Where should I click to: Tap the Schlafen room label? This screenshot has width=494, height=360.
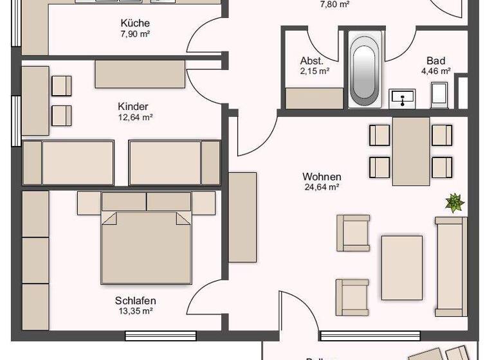coord(135,300)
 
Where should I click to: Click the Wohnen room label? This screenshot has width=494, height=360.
coord(322,177)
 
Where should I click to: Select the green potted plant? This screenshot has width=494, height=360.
coord(455,203)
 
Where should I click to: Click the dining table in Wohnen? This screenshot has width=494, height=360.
coord(411,150)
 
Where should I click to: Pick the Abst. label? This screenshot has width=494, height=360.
coord(312,61)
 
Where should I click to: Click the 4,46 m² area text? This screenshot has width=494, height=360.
coord(435,71)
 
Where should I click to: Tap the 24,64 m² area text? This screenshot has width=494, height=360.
coord(322,188)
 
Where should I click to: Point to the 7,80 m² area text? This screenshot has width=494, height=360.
coord(334,4)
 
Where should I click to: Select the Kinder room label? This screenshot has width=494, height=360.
coord(133,106)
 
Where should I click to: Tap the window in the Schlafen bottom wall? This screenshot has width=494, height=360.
coord(160,335)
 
